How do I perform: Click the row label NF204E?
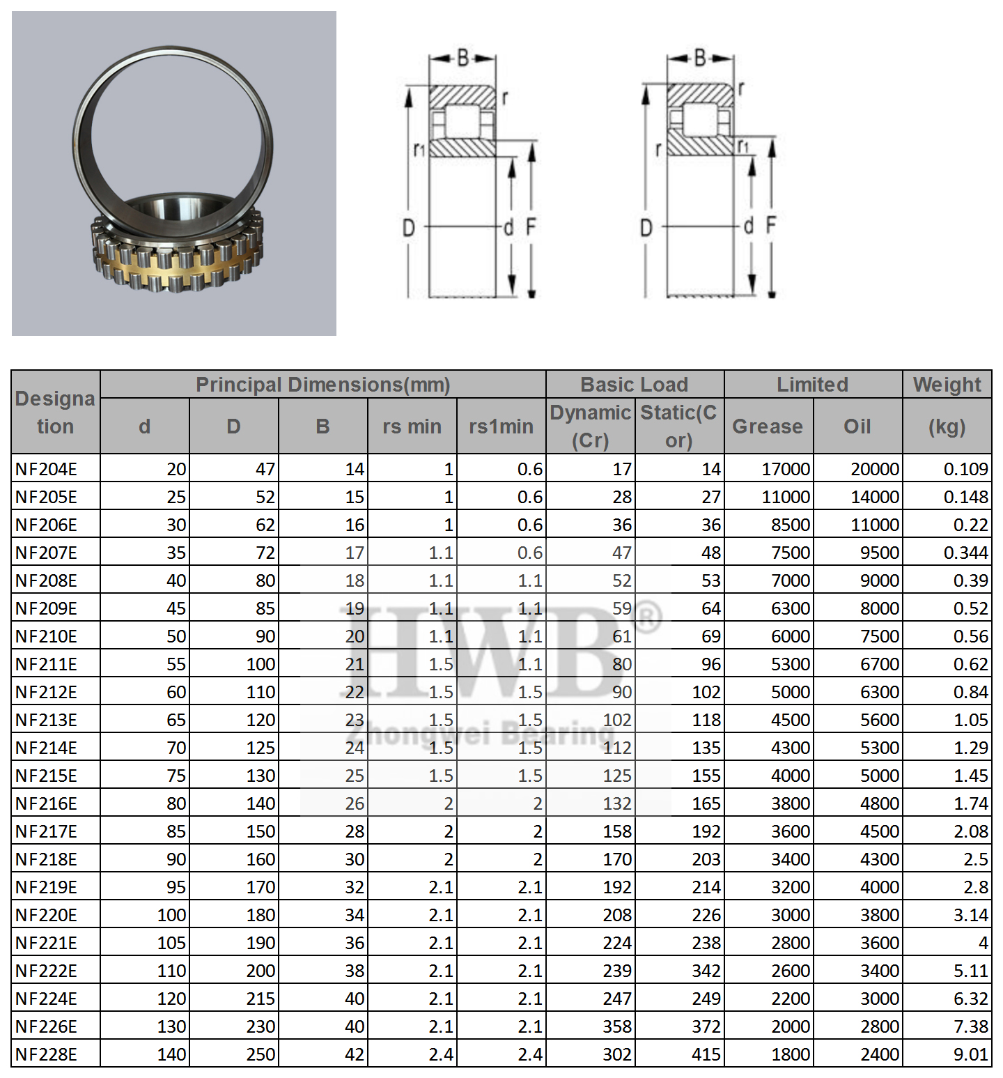point(46,469)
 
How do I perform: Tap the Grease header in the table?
point(768,426)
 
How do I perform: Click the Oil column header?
point(857,426)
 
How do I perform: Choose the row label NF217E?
point(46,831)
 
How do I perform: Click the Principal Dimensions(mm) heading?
point(322,385)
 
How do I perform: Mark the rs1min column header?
point(501,426)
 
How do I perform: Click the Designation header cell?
point(55,413)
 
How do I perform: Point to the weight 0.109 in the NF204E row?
point(965,469)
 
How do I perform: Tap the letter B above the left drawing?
point(463,59)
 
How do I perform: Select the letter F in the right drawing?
point(771,226)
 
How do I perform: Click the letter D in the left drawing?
point(409,227)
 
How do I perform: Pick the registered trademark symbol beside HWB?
point(648,617)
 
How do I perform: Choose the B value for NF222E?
point(355,971)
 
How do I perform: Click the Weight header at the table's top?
point(947,385)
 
